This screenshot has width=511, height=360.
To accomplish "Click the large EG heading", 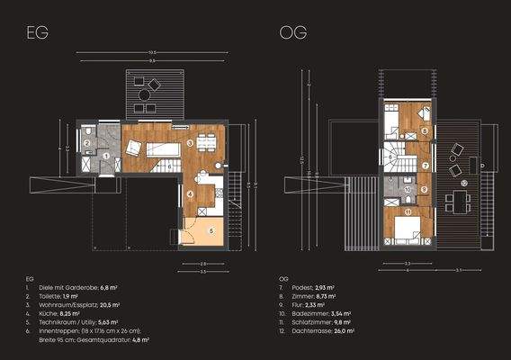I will [x=37, y=33].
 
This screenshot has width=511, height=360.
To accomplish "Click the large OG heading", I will [x=293, y=33].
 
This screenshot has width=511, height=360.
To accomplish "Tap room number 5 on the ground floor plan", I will [x=211, y=230].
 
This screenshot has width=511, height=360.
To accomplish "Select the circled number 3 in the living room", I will [x=190, y=143].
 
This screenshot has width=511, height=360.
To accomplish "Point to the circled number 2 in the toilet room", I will [x=87, y=143].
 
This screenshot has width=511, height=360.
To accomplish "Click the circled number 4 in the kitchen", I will [x=190, y=192].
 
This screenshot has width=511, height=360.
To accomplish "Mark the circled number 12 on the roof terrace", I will [x=464, y=184].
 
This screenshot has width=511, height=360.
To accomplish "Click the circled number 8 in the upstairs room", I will [x=424, y=131].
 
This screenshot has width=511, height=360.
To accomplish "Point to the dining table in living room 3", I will [x=207, y=141].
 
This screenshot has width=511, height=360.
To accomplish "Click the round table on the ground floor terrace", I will [x=143, y=92].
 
